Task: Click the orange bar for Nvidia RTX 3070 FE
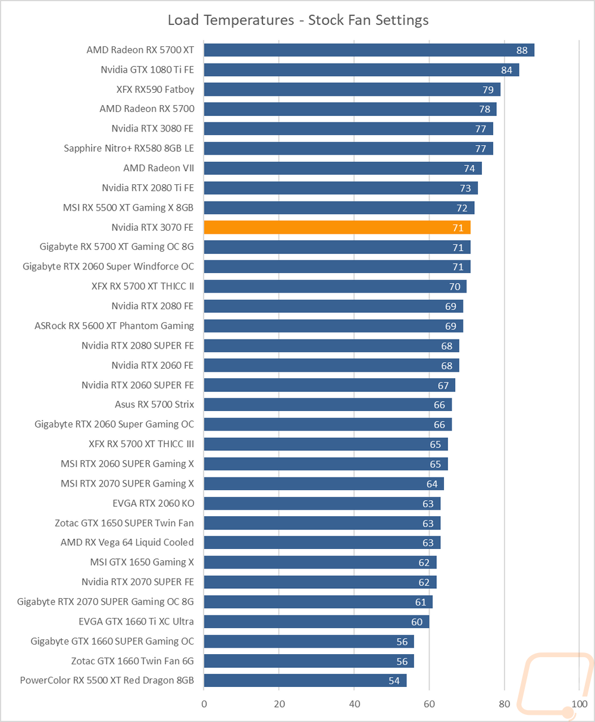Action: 337,227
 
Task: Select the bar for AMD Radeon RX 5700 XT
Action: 369,50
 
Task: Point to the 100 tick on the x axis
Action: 580,704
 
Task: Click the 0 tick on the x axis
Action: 204,704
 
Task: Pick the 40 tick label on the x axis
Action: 354,704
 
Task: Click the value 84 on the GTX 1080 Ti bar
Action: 506,70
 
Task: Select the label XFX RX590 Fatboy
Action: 155,89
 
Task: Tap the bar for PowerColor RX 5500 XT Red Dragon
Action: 305,680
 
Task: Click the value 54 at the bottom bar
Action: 394,680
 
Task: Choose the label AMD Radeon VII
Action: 159,168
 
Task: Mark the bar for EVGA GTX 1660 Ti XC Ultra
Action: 316,621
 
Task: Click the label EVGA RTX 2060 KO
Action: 154,503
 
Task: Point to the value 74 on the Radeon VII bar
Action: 469,168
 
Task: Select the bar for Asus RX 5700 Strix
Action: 328,404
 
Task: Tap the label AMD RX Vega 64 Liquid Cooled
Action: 127,542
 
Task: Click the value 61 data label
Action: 421,602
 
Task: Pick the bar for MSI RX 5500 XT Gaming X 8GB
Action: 339,208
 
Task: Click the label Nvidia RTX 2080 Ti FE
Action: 148,188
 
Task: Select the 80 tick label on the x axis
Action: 505,704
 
